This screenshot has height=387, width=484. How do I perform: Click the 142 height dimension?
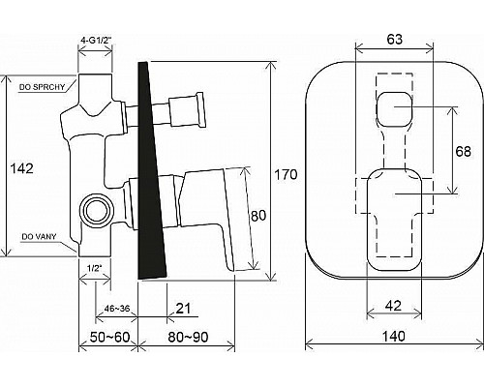tap(22, 168)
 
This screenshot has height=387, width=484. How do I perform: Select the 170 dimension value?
tap(286, 175)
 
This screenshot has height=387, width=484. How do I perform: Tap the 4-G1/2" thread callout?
tap(96, 41)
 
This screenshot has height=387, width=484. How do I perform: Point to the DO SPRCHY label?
tap(42, 87)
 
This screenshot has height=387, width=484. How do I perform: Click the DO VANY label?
tap(39, 237)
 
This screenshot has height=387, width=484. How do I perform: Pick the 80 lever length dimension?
tap(258, 216)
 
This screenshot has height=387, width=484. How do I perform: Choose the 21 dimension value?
tap(184, 309)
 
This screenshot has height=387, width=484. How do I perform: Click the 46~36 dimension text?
tap(117, 309)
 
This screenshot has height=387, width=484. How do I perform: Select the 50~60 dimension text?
tap(109, 338)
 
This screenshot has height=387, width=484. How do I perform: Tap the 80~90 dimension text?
tap(188, 338)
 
